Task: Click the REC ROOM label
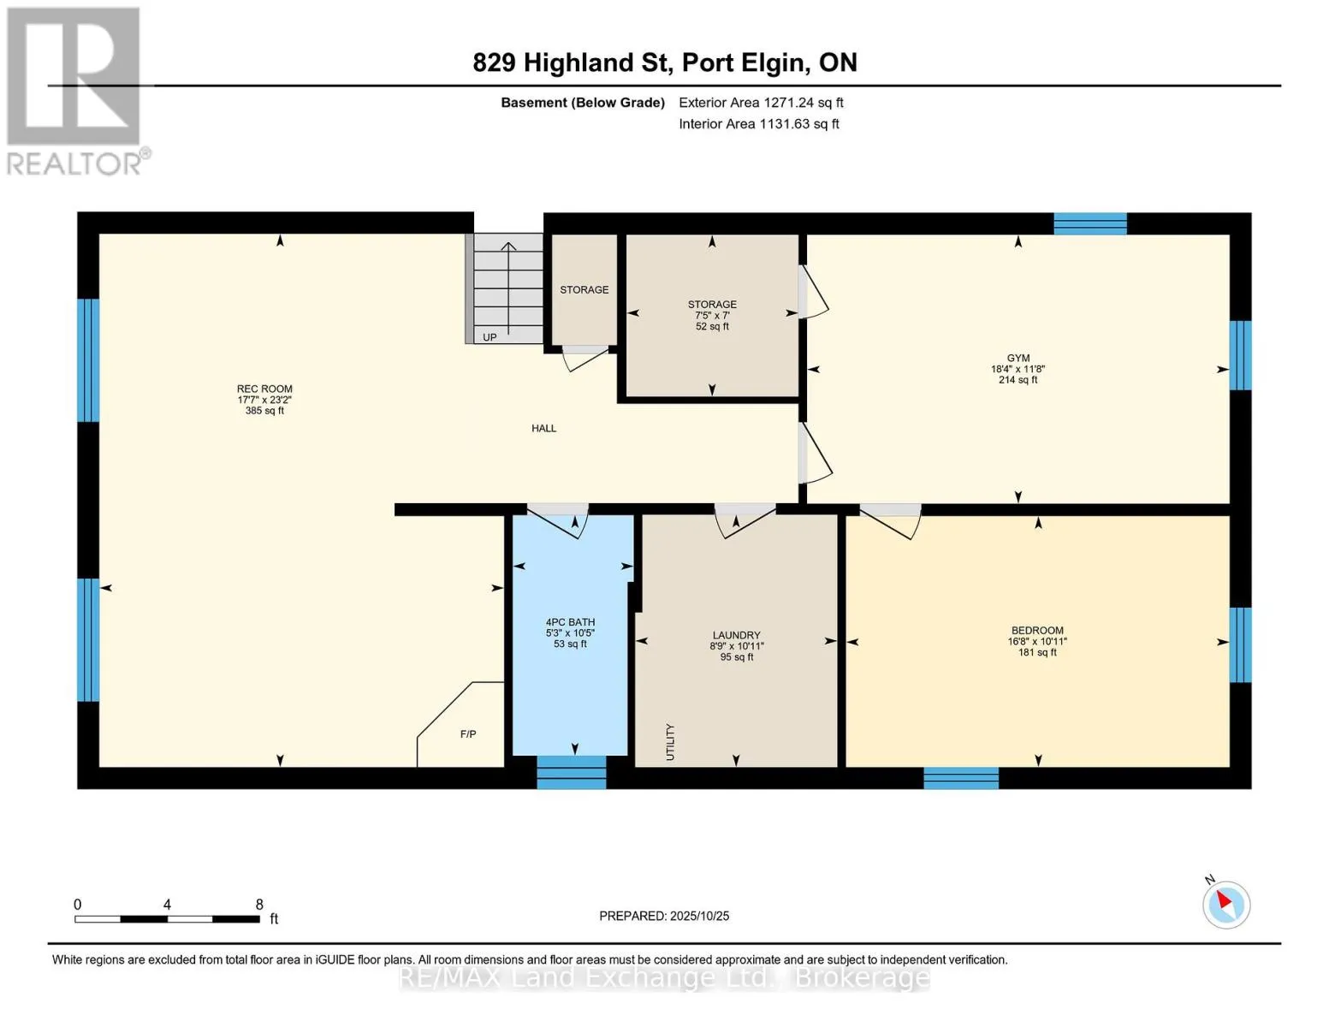[x=264, y=389]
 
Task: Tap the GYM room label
[x=1018, y=358]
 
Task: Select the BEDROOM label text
[x=1037, y=630]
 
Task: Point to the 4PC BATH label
[x=570, y=622]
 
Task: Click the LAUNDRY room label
[x=736, y=636]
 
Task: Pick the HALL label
[x=543, y=428]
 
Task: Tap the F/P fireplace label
[x=468, y=734]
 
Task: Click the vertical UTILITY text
[x=670, y=742]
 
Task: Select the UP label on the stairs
[x=489, y=337]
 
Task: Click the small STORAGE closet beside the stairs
[x=584, y=290]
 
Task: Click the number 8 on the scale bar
[x=259, y=904]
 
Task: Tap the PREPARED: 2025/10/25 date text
[x=664, y=916]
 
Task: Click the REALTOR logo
[x=76, y=92]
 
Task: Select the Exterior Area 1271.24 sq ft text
[x=761, y=103]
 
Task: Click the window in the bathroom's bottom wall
[x=572, y=772]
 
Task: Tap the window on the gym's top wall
[x=1090, y=223]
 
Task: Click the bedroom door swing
[x=891, y=521]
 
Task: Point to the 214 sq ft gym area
[x=1018, y=380]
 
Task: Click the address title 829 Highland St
[x=572, y=62]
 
